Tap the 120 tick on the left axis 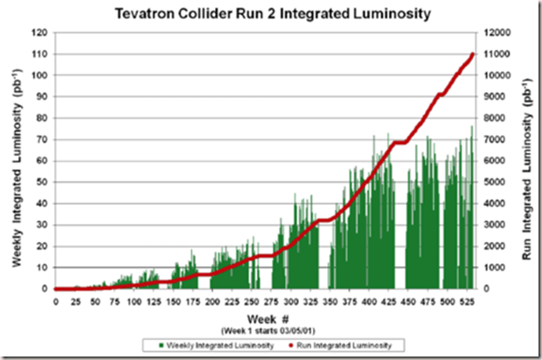[39, 32]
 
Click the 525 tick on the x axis [469, 301]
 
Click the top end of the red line [472, 54]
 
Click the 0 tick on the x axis [55, 301]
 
